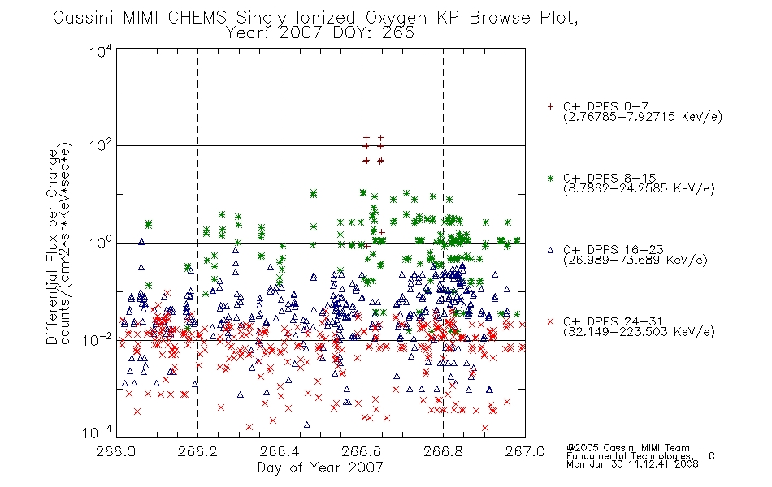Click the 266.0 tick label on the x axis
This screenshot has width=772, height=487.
point(116,451)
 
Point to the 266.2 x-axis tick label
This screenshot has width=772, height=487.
point(198,451)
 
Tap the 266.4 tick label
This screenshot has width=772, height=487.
point(280,451)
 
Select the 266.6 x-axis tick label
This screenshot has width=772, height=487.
point(362,451)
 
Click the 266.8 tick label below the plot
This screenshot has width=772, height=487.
point(443,451)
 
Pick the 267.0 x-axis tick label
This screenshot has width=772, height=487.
point(525,451)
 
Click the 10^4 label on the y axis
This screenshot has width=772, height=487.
point(101,51)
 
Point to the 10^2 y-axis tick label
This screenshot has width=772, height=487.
point(101,145)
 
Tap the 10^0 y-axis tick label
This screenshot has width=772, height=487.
point(101,243)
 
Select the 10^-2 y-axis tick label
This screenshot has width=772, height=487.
point(98,339)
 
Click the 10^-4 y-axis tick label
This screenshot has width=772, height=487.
point(98,433)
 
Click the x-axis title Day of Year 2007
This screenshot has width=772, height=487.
point(320,468)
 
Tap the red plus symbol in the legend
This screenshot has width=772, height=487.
point(550,106)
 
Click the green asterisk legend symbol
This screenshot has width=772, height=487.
point(550,178)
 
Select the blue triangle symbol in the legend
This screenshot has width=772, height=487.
point(550,250)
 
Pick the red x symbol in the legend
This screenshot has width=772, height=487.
point(550,321)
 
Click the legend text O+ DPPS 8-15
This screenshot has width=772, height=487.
point(609,178)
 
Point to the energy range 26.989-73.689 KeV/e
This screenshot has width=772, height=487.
point(635,261)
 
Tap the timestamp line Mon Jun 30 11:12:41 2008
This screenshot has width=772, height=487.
point(632,464)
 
